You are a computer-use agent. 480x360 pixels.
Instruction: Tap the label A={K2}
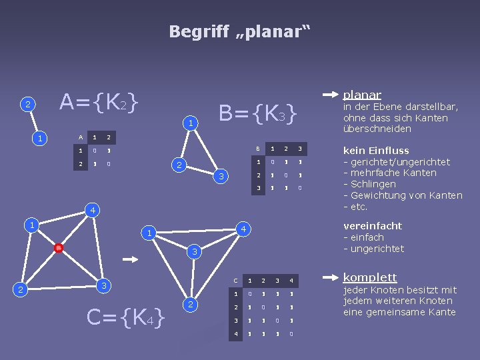(x=99, y=102)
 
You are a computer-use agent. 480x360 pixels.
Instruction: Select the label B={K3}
(x=257, y=114)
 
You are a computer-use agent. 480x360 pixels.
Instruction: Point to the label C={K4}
(x=126, y=319)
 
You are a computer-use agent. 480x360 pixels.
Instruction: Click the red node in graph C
(x=59, y=249)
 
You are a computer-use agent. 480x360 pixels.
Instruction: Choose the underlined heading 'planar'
(x=362, y=95)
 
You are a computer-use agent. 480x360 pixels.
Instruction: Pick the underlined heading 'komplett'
(x=369, y=277)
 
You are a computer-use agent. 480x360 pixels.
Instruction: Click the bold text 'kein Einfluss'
(x=375, y=151)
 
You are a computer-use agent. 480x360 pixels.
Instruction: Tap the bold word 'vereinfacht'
(x=372, y=226)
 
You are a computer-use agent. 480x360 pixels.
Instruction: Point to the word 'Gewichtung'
(x=379, y=195)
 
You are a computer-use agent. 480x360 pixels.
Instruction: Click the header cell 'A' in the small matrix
(x=81, y=137)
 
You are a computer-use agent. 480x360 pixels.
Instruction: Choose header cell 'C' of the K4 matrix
(x=235, y=279)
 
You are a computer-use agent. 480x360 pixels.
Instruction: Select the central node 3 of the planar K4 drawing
(x=193, y=252)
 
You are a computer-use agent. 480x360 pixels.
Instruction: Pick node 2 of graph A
(x=27, y=105)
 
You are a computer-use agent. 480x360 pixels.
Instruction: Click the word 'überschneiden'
(x=377, y=129)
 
